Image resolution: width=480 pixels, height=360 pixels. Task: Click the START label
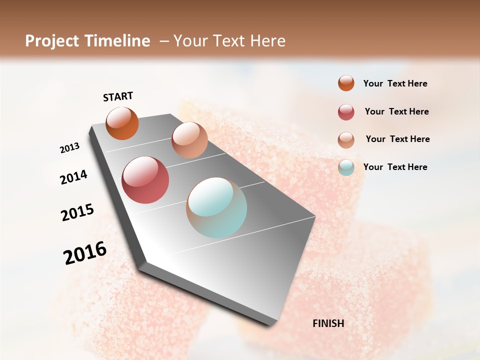[118, 96]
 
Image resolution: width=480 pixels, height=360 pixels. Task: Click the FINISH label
[328, 323]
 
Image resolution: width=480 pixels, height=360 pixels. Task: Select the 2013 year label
[70, 148]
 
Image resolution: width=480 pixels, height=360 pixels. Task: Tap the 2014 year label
[74, 177]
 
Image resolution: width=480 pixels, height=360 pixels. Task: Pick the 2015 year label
[77, 212]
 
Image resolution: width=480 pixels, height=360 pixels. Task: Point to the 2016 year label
[85, 253]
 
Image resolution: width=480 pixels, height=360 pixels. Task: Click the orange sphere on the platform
[122, 123]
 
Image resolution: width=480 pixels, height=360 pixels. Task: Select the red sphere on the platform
[145, 180]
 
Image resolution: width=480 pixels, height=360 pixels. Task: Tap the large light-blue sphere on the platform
[216, 207]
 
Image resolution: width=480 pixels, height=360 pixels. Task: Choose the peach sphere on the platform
[189, 140]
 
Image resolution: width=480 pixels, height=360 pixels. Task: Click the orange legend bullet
[346, 83]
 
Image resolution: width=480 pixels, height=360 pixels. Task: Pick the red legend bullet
[346, 112]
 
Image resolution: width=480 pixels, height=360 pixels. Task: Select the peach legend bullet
[346, 140]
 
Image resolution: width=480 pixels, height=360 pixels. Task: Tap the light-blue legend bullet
[346, 167]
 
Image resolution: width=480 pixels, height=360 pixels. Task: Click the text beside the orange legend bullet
[395, 83]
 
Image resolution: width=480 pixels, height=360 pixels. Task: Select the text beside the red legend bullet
[397, 111]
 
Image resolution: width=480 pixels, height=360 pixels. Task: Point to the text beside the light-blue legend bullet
[395, 167]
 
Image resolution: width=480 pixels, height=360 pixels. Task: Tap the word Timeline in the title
[117, 41]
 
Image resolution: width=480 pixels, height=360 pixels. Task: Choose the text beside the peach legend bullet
[398, 139]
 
